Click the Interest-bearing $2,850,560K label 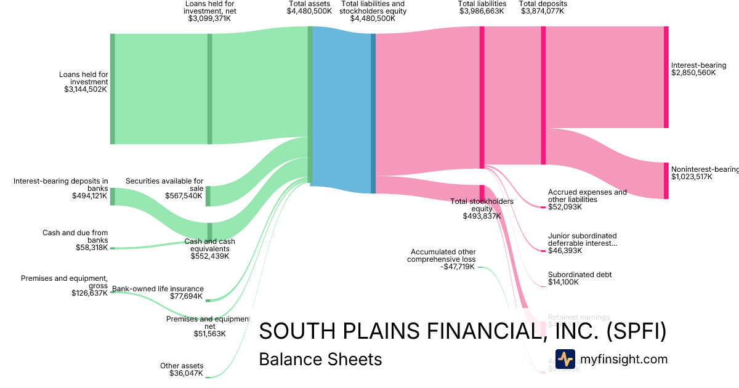[698, 69]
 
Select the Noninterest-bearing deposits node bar [666, 180]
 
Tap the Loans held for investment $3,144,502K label [84, 82]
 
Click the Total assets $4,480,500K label [309, 7]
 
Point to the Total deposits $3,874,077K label [543, 7]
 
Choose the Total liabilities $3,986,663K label [482, 7]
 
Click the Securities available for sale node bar [208, 196]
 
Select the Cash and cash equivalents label [209, 248]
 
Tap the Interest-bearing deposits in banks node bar [112, 196]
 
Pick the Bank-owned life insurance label [158, 293]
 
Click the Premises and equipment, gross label [64, 286]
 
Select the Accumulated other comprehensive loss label [442, 259]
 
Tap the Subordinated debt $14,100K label [579, 278]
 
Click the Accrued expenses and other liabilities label [587, 200]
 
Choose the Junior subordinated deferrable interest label [582, 243]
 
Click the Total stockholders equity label [482, 209]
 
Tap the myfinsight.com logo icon [565, 359]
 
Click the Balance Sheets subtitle [320, 360]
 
